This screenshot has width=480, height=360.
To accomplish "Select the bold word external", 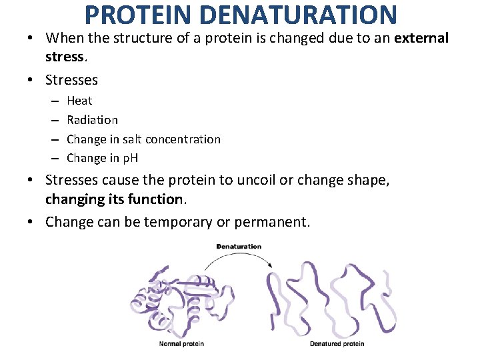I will tap(421, 38).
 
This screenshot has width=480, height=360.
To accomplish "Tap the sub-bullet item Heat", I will tap(79, 101).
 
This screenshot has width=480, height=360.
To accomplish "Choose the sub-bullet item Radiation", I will tap(92, 120).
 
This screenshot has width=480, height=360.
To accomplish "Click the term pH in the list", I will tap(129, 159).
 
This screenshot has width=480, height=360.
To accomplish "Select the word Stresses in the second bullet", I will tap(71, 80).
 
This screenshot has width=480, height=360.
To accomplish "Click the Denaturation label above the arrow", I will tap(239, 247).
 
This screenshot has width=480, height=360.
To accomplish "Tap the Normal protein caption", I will tap(181, 344).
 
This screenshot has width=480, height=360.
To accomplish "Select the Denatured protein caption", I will tap(337, 344).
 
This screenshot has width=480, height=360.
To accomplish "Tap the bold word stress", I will tap(64, 57).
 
